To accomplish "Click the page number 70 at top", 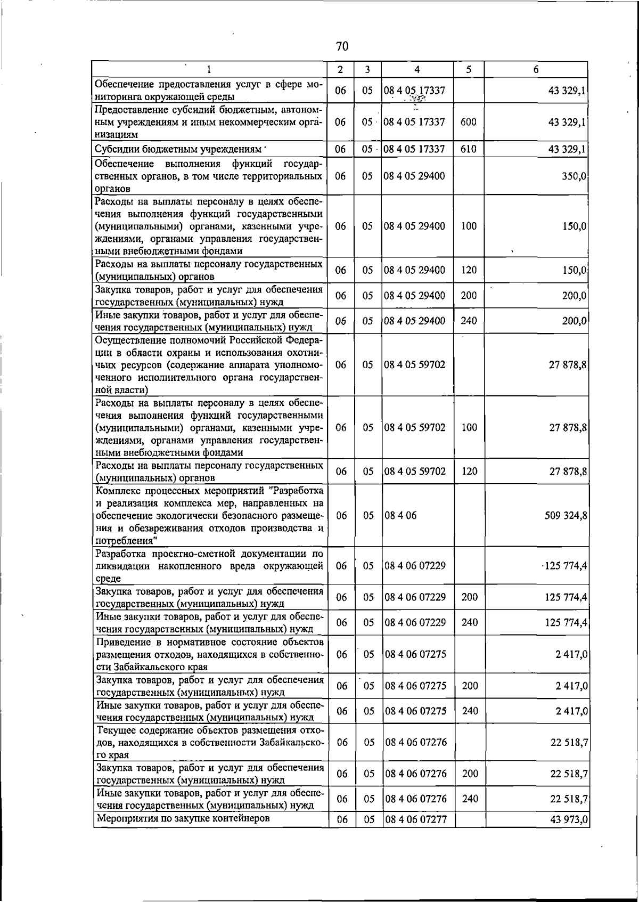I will coord(342,47).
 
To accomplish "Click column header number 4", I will coord(416,69).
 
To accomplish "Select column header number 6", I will coord(536,69).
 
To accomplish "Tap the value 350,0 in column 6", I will coord(574,176).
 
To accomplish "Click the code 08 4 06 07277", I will coord(415,819).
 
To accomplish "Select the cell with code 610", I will coord(468,149).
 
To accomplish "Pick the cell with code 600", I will coord(468,122).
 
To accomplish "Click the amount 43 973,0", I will coord(569,819).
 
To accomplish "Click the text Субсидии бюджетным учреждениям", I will coord(178,149).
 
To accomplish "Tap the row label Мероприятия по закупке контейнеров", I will coord(182,818).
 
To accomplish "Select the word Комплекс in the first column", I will coord(117,490).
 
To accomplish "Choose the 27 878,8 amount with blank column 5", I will coord(568,365).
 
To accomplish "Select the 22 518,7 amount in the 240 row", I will coord(569,799).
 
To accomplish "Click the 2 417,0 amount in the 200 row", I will coord(571,686).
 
